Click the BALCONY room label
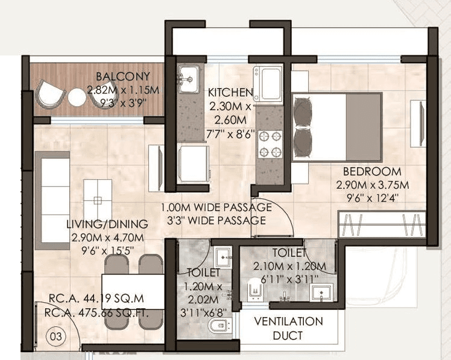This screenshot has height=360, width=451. click(124, 77)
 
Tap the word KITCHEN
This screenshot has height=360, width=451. click(230, 92)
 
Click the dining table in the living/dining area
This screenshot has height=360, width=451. click(133, 291)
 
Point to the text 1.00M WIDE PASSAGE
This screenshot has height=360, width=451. click(216, 207)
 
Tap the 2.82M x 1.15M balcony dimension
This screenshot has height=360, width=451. click(123, 90)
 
